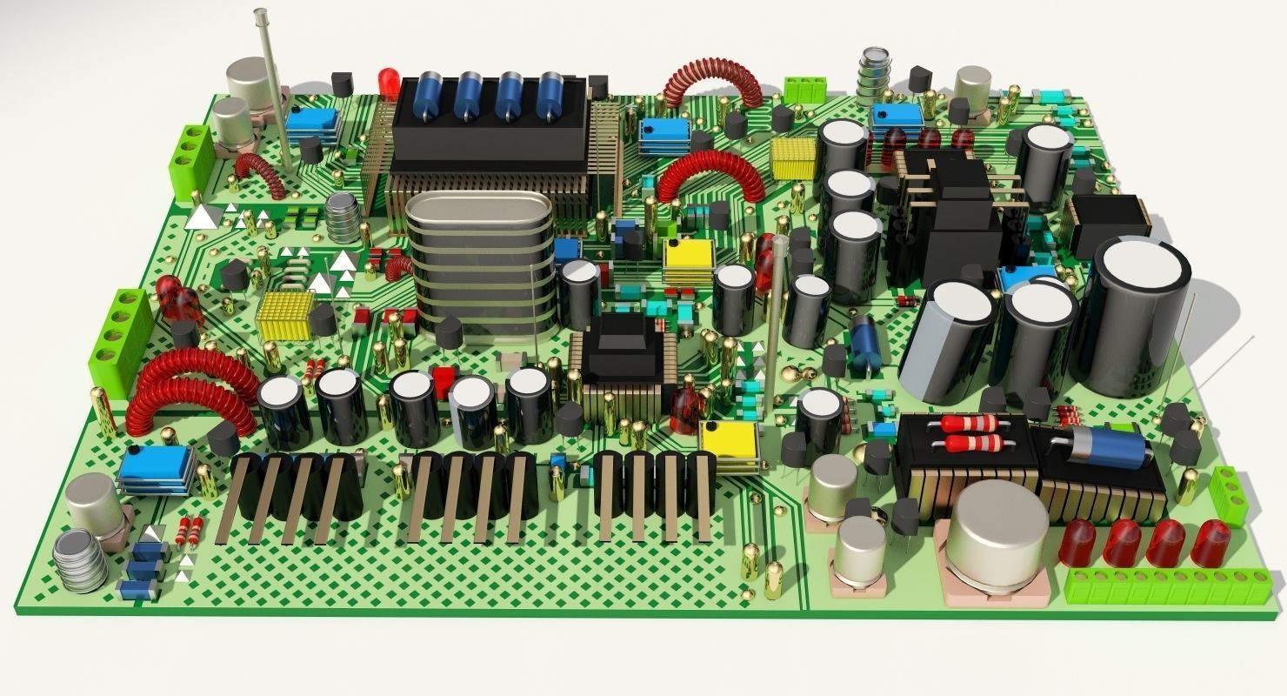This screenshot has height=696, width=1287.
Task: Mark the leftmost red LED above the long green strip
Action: (1078, 542)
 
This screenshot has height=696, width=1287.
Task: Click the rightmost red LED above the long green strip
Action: (1210, 542)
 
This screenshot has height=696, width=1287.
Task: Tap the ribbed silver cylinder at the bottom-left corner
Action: (80, 561)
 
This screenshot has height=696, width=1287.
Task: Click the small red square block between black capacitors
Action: (444, 380)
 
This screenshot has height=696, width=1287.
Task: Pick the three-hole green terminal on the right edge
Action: (1228, 496)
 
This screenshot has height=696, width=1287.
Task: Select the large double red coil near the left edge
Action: (187, 391)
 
